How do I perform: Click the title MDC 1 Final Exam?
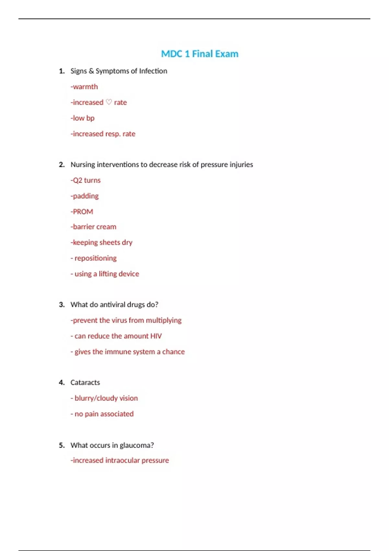pos(200,54)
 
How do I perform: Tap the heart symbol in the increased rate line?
pos(109,102)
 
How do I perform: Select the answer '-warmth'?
pos(84,87)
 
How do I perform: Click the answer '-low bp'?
pos(83,118)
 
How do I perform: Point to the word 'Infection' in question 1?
pos(153,71)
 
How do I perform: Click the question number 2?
pos(62,165)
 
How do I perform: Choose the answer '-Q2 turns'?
pos(86,180)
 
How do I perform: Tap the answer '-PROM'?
pos(82,212)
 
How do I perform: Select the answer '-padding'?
pos(85,196)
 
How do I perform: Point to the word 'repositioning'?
pos(96,258)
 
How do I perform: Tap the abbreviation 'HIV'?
pos(156,336)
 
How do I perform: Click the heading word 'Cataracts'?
pos(85,382)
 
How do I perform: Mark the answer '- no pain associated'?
pos(102,414)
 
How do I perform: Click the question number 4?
pos(62,382)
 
